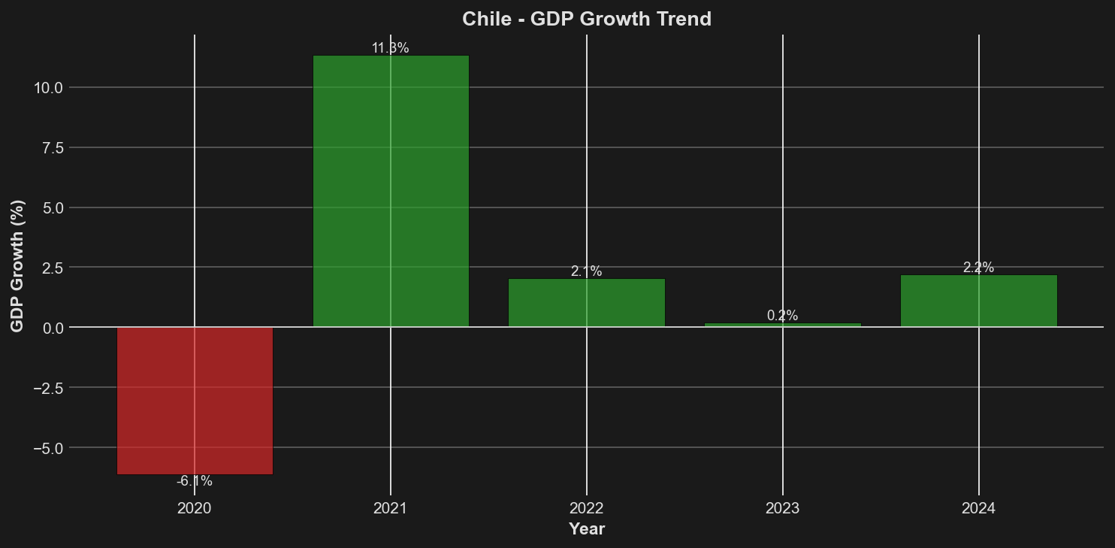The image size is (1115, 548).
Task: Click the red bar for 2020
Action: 195,401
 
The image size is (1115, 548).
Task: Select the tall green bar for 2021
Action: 391,191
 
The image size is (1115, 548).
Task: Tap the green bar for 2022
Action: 587,303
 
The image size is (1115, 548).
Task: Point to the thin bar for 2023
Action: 783,325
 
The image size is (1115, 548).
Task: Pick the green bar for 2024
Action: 978,301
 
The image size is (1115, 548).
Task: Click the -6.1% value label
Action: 195,481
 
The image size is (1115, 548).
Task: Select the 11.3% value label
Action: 391,48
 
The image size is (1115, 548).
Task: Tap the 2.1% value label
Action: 587,271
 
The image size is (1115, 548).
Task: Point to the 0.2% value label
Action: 783,316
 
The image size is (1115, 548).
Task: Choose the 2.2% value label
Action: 978,268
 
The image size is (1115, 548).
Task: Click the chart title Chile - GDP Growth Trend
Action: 587,19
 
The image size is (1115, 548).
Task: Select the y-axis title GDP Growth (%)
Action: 17,266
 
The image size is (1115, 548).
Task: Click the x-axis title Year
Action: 587,529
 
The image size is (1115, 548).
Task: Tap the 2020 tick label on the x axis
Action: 195,509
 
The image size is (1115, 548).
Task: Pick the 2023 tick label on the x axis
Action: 783,509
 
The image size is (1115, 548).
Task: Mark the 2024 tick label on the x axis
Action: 978,509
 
